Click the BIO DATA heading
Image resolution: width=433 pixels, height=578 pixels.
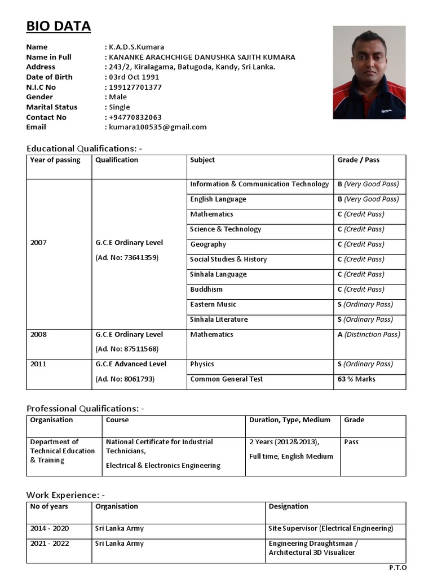tap(59, 27)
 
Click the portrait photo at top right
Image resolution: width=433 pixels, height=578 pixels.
tap(369, 72)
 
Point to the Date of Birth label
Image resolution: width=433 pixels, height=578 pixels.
tap(49, 77)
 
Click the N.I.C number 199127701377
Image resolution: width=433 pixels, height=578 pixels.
tap(135, 87)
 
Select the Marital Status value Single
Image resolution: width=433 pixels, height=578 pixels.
tap(120, 107)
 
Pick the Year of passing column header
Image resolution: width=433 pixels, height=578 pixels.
tap(55, 160)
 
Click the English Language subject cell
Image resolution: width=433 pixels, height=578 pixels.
tap(218, 199)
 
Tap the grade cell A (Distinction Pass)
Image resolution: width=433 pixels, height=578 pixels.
tap(369, 335)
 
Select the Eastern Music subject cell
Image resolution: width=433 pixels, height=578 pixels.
tap(213, 305)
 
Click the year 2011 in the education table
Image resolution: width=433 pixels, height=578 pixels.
tap(39, 364)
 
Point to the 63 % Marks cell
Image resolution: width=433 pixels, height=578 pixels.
tap(356, 379)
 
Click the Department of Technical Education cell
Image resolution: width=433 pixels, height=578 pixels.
tap(62, 451)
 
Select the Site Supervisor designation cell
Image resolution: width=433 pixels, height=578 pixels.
tap(331, 529)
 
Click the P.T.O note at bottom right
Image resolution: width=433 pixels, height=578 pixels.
tap(397, 567)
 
